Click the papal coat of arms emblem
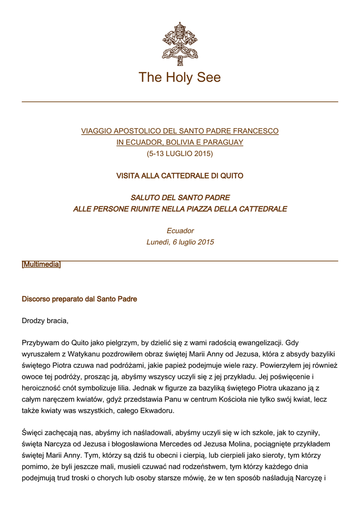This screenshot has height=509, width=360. pyautogui.click(x=180, y=44)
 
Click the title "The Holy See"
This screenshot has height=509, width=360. pyautogui.click(x=180, y=78)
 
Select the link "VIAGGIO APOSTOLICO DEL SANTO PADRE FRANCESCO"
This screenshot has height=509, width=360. pyautogui.click(x=180, y=131)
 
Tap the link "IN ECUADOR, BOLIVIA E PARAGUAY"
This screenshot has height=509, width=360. pyautogui.click(x=180, y=142)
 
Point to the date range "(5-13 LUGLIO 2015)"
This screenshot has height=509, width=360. pyautogui.click(x=180, y=154)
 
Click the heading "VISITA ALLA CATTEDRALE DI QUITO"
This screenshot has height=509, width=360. pyautogui.click(x=180, y=176)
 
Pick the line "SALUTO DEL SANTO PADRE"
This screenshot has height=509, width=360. pyautogui.click(x=180, y=198)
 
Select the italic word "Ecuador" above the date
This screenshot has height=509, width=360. pyautogui.click(x=180, y=231)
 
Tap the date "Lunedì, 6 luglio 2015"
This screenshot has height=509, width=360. pyautogui.click(x=180, y=242)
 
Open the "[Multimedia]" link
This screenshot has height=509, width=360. pyautogui.click(x=41, y=265)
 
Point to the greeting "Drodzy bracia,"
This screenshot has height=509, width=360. pyautogui.click(x=45, y=321)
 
